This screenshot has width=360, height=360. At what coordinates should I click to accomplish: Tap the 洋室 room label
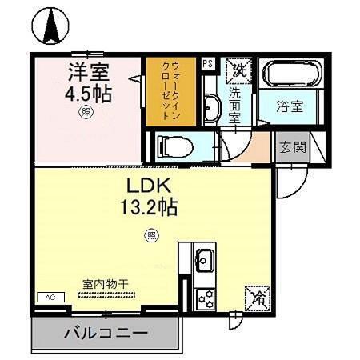click(88, 71)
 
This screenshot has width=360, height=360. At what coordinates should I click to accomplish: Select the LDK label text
click(145, 186)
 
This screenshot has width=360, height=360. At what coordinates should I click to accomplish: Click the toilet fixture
click(174, 146)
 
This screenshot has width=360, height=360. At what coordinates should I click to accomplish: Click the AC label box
click(50, 297)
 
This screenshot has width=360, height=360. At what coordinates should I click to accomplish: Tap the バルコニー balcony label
click(106, 332)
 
